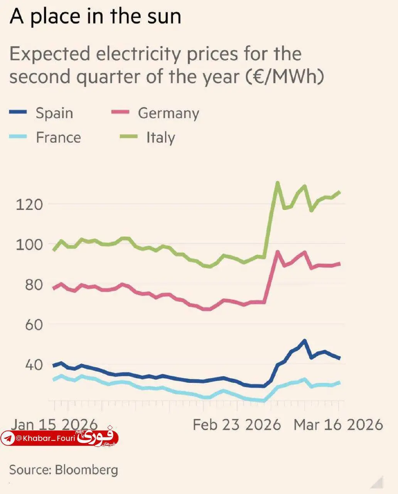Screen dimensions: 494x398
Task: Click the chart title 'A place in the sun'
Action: point(95,17)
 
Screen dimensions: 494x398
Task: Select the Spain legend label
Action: point(54,113)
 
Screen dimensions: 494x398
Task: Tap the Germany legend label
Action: point(169,113)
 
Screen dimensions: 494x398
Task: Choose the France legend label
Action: point(58,137)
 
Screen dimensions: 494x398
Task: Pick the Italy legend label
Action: point(160,137)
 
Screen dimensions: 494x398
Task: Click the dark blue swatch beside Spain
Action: point(18,112)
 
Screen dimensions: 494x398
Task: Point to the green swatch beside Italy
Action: point(128,137)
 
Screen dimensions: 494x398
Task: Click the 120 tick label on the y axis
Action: point(29,204)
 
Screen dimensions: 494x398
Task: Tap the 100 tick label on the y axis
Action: point(29,244)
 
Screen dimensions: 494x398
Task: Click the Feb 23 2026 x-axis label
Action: point(237,425)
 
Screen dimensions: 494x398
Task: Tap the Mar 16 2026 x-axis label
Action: point(338,425)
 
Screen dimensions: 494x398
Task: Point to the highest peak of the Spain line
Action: point(305,341)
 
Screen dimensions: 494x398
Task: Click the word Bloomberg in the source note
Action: point(86,470)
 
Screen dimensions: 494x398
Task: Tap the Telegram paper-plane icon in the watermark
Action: point(8,438)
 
